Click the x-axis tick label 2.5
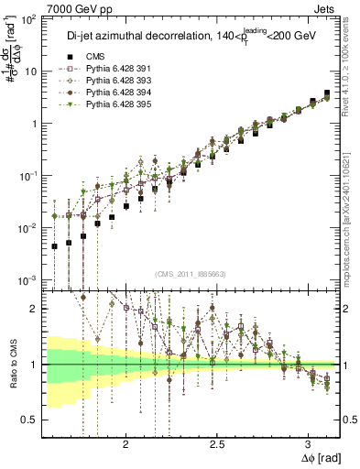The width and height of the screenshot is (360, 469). coord(217,444)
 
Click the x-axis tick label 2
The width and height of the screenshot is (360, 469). coord(125,444)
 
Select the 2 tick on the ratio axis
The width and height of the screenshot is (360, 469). coord(35,309)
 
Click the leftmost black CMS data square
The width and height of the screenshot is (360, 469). coord(55,245)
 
